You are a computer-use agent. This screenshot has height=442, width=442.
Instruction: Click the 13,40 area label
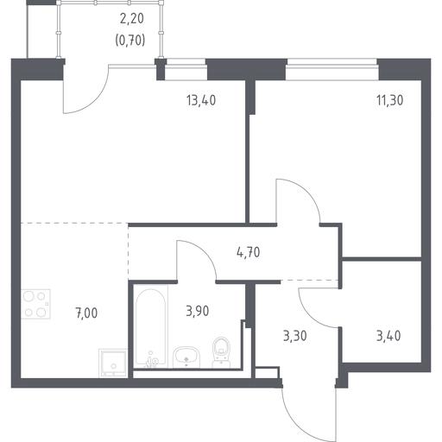201,100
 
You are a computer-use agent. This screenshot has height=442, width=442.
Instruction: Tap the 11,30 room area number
389,100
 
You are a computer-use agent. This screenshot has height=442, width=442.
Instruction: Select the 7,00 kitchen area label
86,313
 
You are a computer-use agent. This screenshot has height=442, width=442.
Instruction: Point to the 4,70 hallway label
249,252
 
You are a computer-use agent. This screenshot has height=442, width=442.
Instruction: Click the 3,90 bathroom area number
198,311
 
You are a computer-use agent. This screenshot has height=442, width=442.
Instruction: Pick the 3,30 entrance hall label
295,336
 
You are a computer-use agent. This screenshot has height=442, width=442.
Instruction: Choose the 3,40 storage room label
388,336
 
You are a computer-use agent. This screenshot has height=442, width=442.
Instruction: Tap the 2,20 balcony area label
131,19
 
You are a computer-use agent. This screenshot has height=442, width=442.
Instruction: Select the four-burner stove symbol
36,304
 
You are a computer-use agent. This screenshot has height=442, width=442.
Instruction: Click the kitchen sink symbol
113,363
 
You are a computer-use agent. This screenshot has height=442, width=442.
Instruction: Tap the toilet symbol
221,352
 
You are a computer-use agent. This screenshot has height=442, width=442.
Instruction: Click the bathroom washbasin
186,357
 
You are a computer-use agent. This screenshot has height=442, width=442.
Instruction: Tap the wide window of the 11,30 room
332,69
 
